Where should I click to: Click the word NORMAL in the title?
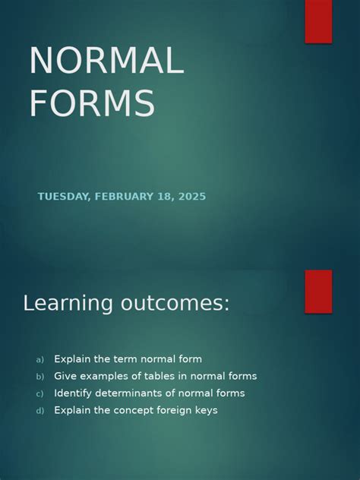click(x=106, y=60)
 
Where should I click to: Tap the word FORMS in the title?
click(x=92, y=103)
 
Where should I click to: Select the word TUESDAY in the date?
click(x=64, y=196)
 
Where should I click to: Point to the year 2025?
click(x=192, y=196)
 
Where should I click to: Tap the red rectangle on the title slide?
click(x=318, y=21)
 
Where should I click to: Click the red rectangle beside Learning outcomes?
click(x=318, y=292)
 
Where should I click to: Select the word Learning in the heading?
click(x=68, y=303)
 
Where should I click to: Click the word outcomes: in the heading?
click(x=175, y=303)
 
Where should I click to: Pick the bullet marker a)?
click(x=40, y=359)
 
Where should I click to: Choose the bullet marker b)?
click(x=40, y=377)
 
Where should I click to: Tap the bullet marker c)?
click(x=39, y=393)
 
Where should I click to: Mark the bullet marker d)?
click(x=40, y=411)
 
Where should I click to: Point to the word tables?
click(x=159, y=376)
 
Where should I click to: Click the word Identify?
click(x=73, y=393)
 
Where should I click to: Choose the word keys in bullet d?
click(x=207, y=410)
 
